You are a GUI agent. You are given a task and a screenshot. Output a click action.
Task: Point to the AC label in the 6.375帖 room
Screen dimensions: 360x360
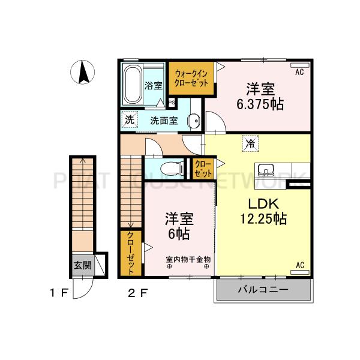[299, 72]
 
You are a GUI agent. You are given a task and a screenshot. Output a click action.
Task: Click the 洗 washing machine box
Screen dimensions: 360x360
[130, 119]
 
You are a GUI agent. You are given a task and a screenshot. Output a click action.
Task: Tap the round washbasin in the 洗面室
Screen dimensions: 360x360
[194, 121]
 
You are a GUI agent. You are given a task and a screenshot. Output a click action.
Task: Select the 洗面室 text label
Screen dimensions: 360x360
[164, 120]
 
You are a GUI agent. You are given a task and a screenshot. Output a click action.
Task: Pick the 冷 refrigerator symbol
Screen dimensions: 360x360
[250, 143]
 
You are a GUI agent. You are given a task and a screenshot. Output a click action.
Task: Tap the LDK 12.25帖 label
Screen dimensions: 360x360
[262, 211]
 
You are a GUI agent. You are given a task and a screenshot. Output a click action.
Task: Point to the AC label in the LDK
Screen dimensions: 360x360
[299, 265]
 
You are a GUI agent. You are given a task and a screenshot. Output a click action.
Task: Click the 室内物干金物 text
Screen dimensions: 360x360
[188, 259]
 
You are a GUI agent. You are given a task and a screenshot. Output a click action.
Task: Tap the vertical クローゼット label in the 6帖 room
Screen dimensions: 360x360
[131, 253]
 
